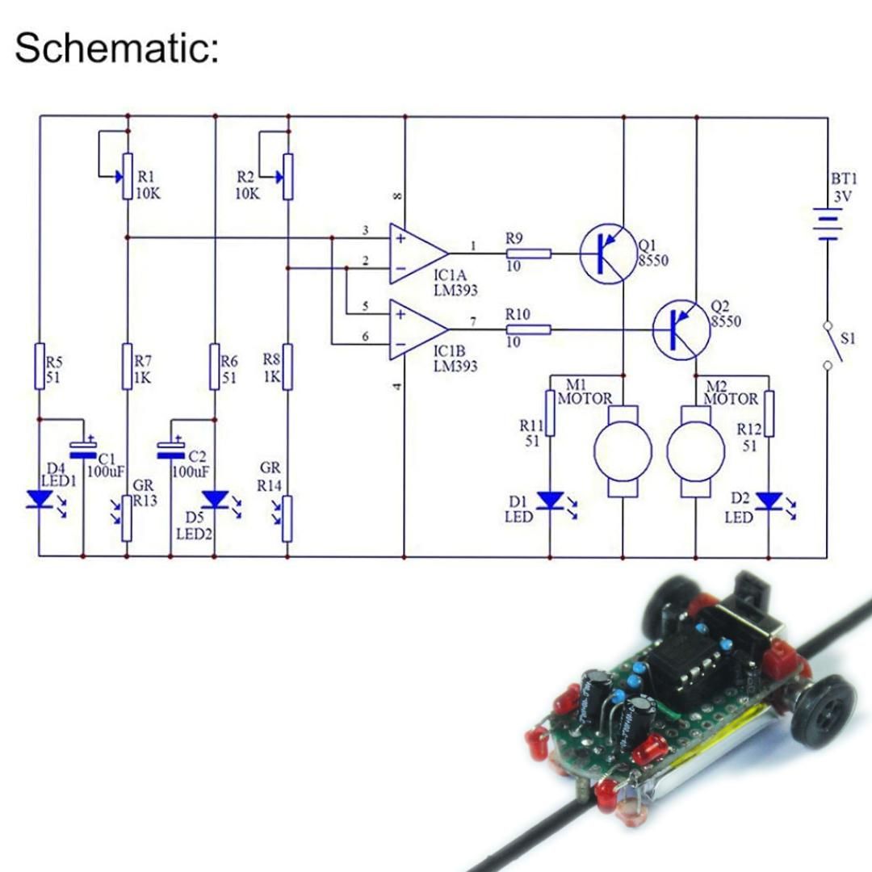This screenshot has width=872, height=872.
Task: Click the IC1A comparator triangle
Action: coord(416,254)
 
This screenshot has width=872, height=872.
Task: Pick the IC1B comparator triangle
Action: coord(416,329)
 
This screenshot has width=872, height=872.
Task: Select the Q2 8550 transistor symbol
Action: coord(681,329)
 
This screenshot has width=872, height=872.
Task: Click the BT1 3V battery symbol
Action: coord(828,224)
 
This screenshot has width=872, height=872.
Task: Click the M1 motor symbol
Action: coord(623,452)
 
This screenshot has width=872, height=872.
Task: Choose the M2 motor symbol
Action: coord(695,452)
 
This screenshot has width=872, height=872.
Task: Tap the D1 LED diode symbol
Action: coord(550,501)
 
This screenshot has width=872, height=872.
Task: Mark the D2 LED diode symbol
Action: coord(768,501)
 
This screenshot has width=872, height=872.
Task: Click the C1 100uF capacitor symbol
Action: coord(83,450)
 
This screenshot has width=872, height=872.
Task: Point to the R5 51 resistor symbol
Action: coord(40,366)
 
